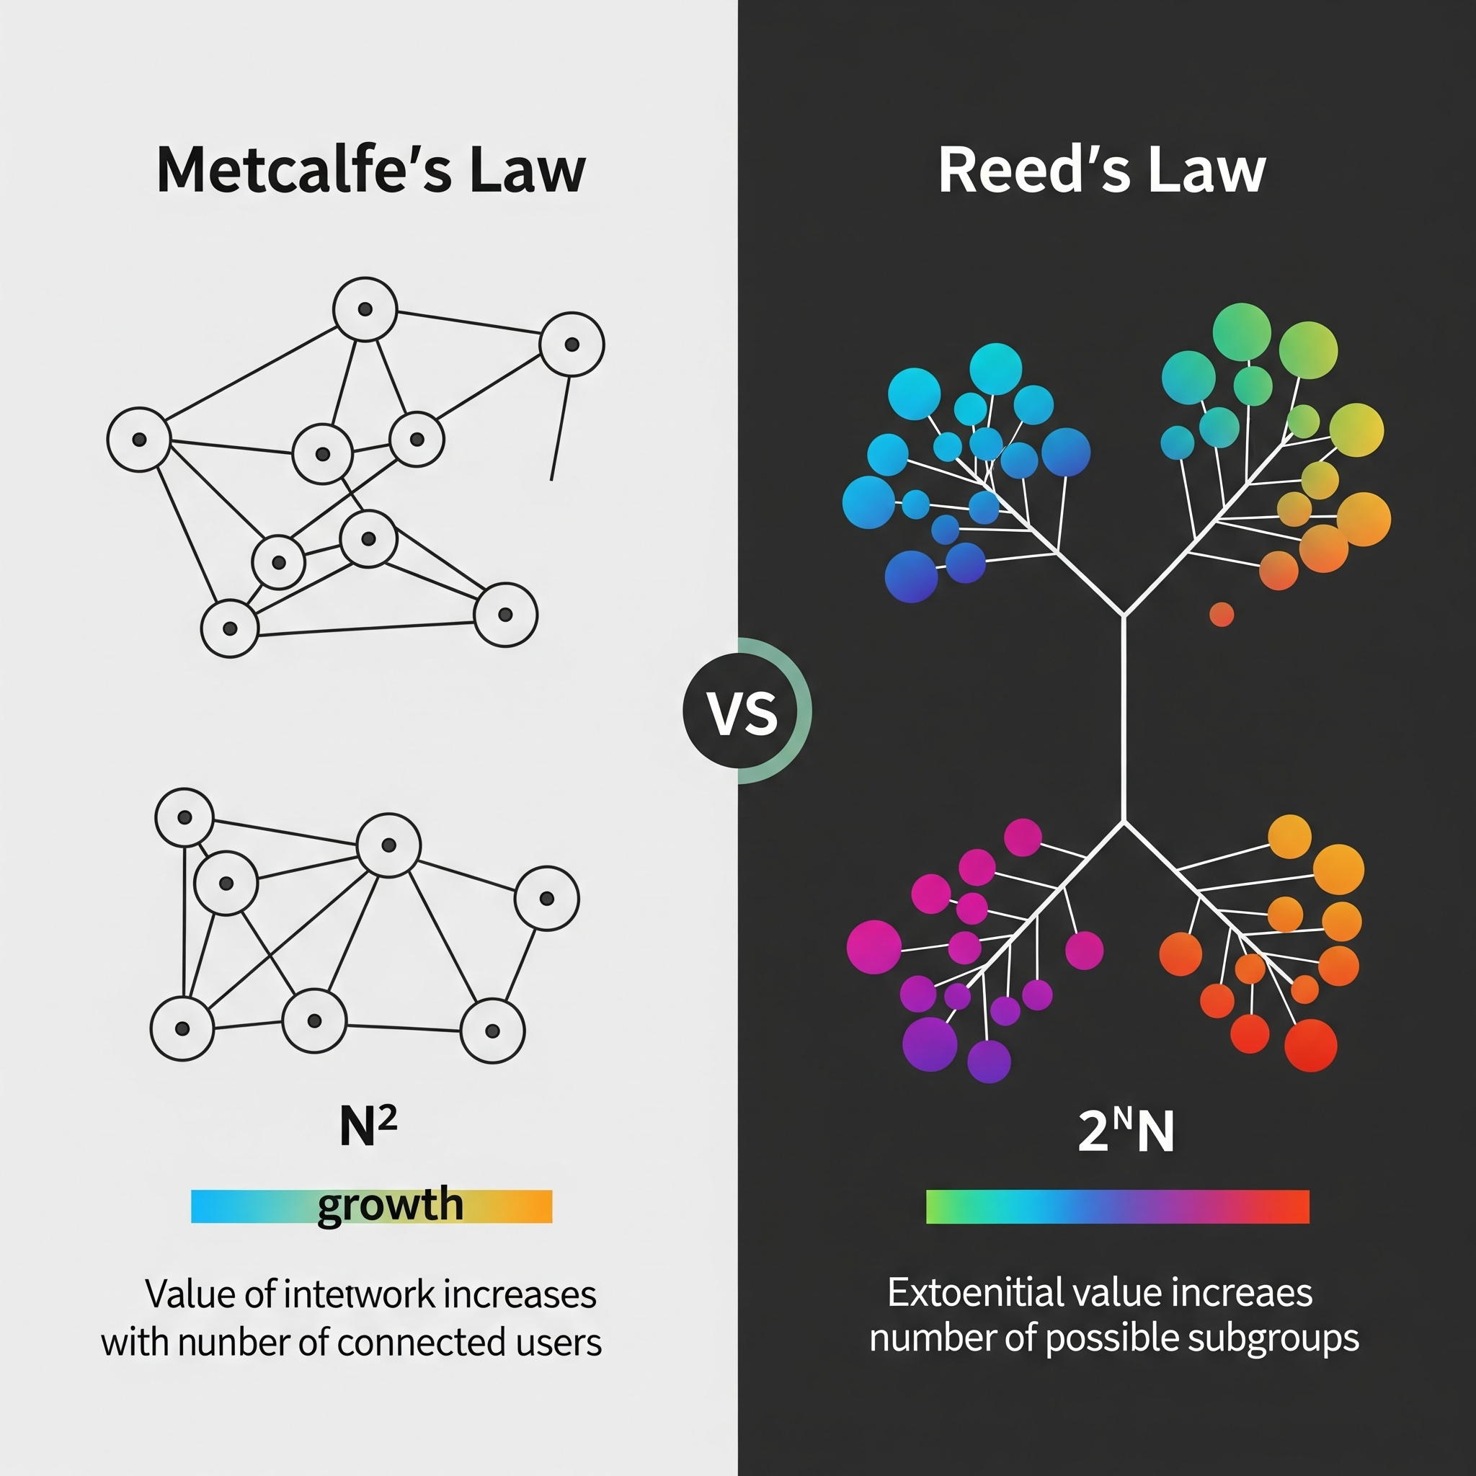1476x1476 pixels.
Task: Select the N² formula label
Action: tap(368, 1127)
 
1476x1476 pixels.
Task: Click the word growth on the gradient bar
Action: tap(390, 1206)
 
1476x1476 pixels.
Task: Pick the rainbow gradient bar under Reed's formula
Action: tap(1117, 1206)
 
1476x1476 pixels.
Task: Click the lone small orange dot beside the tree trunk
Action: tap(1222, 614)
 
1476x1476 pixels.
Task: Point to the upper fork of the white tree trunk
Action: tap(1124, 614)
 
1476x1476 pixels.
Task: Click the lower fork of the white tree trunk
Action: tap(1124, 823)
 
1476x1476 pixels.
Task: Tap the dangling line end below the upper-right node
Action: tap(551, 479)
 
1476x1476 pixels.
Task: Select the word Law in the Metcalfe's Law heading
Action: tap(527, 169)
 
